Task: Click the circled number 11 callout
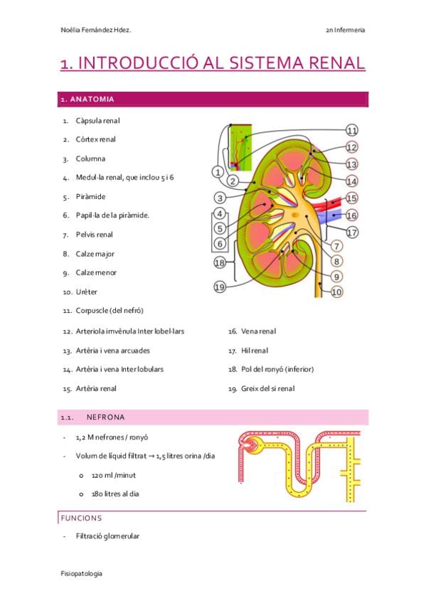(352, 130)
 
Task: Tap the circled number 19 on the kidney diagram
(220, 287)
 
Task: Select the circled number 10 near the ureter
(336, 292)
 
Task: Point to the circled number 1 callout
(218, 172)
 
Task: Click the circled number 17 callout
(352, 233)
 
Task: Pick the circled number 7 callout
(336, 246)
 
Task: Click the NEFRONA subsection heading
(105, 417)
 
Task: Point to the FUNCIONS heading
(81, 518)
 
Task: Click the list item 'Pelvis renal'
(94, 235)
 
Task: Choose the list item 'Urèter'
(87, 292)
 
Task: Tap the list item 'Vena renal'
(258, 331)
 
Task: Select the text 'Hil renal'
(255, 351)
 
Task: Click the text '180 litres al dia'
(115, 493)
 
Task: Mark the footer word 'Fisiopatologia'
(81, 573)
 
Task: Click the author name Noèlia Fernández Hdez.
(96, 30)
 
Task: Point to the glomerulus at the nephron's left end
(248, 444)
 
